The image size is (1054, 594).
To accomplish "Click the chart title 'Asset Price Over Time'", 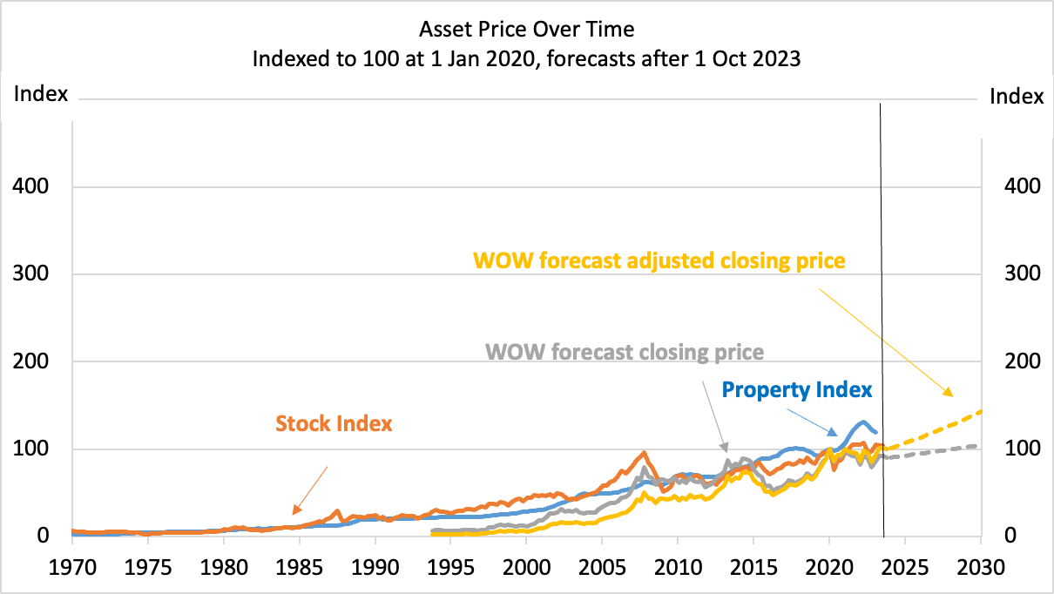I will click(526, 30).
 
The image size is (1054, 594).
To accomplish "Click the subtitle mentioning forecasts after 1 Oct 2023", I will click(526, 60).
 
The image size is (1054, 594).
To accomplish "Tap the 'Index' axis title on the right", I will click(1017, 97).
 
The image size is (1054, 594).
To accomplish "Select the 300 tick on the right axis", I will click(1017, 274).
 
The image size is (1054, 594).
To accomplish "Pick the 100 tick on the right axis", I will click(1017, 449).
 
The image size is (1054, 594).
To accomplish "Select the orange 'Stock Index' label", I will click(334, 424).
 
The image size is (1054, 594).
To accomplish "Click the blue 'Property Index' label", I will click(797, 390).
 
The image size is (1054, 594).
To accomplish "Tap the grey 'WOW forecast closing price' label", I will click(625, 352).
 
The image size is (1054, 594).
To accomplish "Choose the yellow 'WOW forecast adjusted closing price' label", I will click(659, 260).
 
